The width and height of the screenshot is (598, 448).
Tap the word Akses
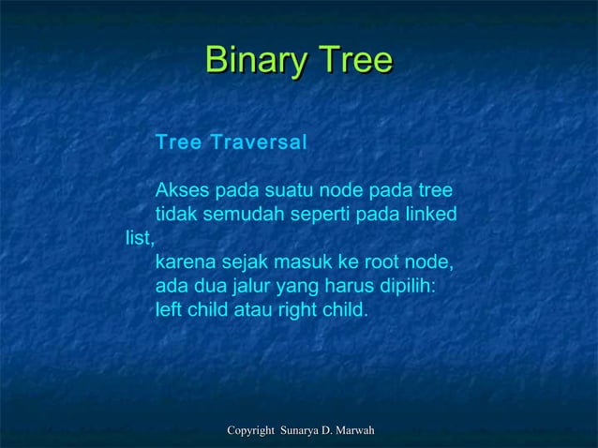click(x=183, y=192)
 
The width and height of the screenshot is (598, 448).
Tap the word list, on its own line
click(x=139, y=238)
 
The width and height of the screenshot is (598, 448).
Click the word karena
click(x=184, y=261)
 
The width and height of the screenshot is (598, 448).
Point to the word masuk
click(x=294, y=261)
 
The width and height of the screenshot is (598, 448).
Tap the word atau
click(x=252, y=307)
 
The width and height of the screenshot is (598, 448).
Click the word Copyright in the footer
click(x=250, y=430)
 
